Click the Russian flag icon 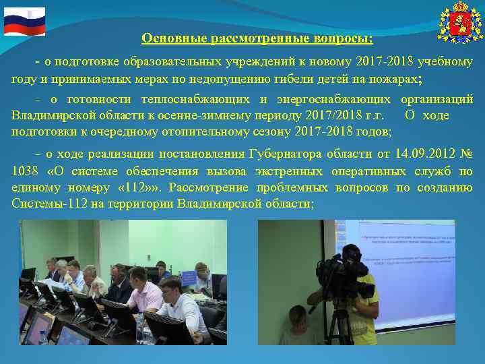click(24, 21)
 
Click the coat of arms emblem click(460, 22)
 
